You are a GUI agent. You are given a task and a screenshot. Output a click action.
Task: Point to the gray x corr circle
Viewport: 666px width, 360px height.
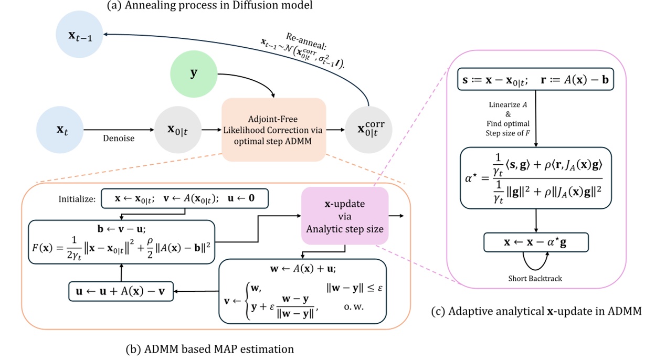click(x=368, y=130)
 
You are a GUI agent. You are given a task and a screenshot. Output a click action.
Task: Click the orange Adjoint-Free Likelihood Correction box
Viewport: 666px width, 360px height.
click(x=274, y=130)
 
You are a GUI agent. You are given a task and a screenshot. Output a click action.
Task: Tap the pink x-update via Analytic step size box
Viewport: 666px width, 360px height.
click(x=344, y=215)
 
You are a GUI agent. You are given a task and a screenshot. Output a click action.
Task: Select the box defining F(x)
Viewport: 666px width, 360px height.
click(x=122, y=238)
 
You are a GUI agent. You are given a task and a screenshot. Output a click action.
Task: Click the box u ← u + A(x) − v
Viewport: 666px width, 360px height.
click(x=121, y=292)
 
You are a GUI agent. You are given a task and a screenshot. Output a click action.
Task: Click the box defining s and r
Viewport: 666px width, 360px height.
click(x=535, y=79)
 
